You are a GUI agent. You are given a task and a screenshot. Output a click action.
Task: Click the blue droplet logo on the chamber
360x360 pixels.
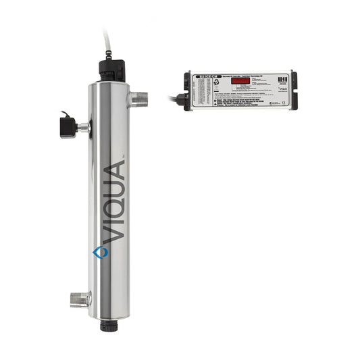(100, 251)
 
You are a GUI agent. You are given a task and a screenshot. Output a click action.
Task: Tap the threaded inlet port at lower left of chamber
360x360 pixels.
(79, 299)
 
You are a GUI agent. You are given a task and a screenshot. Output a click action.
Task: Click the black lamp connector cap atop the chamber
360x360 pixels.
(108, 68)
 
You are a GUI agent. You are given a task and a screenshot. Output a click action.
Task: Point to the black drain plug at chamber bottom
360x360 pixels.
(109, 325)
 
